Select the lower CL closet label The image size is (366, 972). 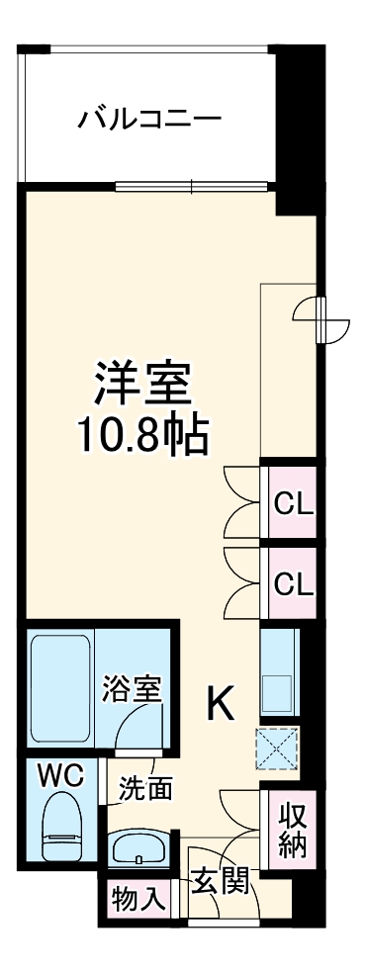point(293,583)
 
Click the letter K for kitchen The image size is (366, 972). point(220,703)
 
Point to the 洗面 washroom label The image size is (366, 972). point(146,788)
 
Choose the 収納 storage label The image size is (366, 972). point(291,831)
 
